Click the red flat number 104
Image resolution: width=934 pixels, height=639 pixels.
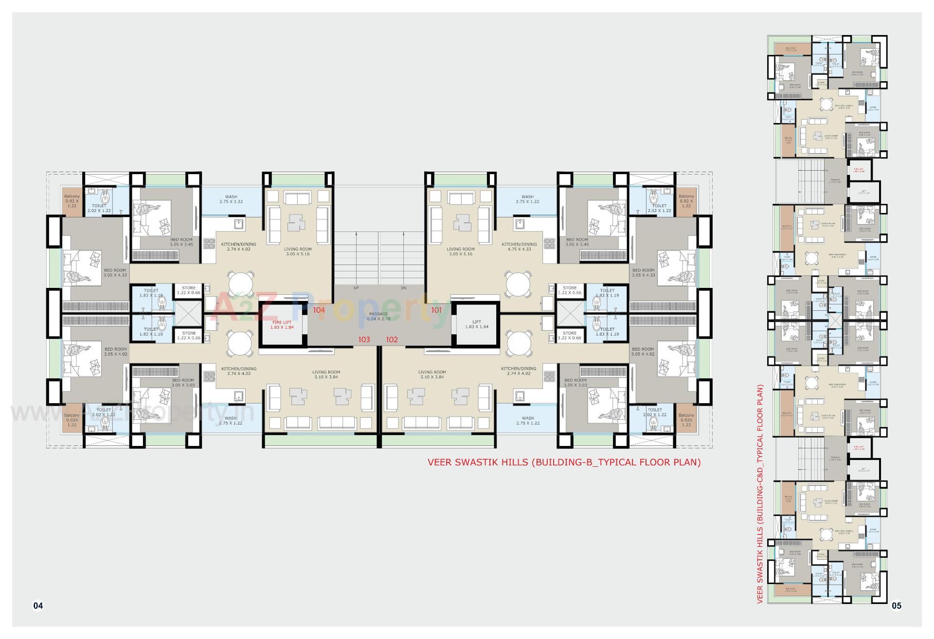click(319, 310)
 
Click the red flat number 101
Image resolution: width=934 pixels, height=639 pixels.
click(436, 310)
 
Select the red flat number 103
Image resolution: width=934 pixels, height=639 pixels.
click(364, 339)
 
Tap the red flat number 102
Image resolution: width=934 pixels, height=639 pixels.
click(392, 339)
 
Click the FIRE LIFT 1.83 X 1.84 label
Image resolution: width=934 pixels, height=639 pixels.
click(282, 325)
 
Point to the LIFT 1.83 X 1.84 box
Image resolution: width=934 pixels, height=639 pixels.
click(476, 324)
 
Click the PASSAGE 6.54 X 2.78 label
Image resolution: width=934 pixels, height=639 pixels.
click(378, 316)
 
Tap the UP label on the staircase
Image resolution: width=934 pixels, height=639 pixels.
click(356, 288)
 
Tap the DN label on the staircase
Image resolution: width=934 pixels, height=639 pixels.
click(403, 288)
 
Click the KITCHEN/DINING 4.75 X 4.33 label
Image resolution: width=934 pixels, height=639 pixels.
click(519, 247)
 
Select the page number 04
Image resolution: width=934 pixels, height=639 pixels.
click(38, 605)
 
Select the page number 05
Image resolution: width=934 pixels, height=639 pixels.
click(897, 605)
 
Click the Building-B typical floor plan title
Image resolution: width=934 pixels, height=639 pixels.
click(564, 462)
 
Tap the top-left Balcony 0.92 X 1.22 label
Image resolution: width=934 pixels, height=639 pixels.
click(72, 201)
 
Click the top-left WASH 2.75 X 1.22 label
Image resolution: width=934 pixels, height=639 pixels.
click(231, 199)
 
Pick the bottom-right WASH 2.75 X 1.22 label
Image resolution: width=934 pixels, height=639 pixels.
click(527, 420)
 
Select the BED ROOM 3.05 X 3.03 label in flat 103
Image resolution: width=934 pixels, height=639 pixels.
click(182, 383)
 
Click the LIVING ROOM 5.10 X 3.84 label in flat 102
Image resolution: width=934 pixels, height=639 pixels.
click(432, 374)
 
